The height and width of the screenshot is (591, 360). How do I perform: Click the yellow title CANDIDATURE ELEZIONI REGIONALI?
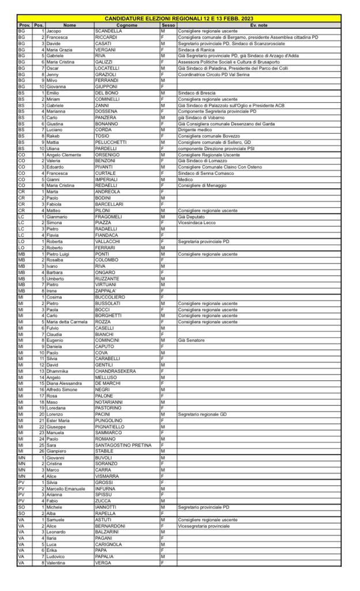179,19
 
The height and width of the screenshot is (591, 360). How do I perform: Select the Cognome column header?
127,25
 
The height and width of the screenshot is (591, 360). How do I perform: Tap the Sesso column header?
168,25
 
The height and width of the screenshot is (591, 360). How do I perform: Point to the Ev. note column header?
259,25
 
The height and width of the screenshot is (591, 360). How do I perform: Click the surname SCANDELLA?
108,31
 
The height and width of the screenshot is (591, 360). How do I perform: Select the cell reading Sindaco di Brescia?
196,92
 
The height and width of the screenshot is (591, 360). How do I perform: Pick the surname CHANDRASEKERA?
115,371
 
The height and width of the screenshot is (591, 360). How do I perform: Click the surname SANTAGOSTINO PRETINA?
123,446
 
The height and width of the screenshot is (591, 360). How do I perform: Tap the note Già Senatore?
192,341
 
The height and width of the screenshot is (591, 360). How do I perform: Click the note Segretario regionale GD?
202,414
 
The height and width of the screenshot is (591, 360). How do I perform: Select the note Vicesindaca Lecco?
197,222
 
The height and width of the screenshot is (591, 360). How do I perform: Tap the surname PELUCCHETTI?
111,141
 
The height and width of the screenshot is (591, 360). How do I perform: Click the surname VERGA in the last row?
104,563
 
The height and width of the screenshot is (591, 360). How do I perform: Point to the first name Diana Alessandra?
65,383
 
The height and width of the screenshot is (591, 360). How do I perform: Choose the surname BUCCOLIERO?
111,297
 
